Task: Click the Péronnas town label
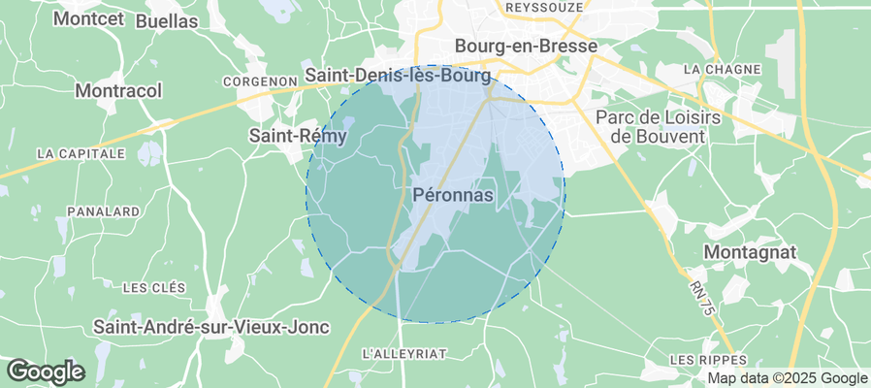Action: tap(454, 196)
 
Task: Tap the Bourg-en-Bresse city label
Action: tap(526, 46)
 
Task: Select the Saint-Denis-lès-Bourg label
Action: tap(400, 75)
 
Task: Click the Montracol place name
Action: tap(118, 90)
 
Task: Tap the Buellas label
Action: tap(167, 20)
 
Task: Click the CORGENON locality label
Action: tap(259, 81)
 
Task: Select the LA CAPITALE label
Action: tap(81, 153)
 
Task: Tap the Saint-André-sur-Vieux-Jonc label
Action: tap(211, 327)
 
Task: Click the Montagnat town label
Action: tap(751, 252)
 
